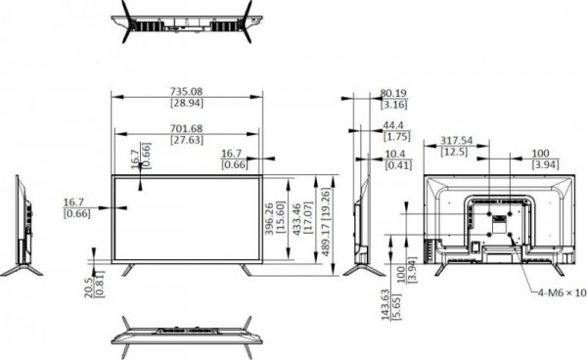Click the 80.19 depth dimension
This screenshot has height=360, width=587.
click(393, 95)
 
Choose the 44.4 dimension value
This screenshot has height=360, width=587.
click(393, 125)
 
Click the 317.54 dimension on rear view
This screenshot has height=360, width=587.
click(455, 141)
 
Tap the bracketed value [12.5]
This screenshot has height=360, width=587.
click(455, 153)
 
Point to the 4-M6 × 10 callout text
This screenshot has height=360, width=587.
click(561, 292)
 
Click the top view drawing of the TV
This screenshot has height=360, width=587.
click(187, 21)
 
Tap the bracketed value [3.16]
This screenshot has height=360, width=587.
click(393, 105)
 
